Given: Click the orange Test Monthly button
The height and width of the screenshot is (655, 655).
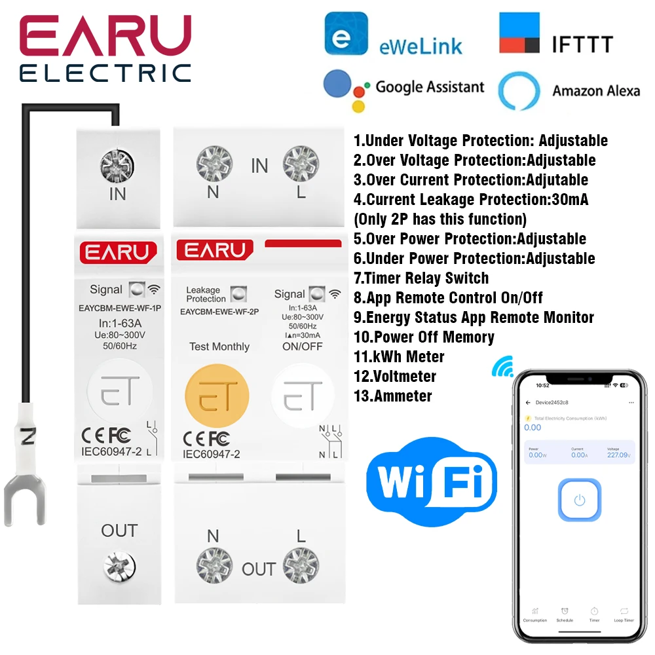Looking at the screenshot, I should (x=217, y=396).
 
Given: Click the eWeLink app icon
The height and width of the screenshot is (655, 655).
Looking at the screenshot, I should (x=346, y=33).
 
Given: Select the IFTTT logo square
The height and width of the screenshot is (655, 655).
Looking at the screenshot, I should (x=519, y=33).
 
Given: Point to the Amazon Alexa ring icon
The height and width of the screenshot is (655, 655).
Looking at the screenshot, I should (x=519, y=91).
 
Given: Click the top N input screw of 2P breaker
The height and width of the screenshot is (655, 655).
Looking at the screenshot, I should (x=212, y=160).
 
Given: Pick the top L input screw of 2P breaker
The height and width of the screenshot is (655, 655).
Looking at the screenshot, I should (x=301, y=160).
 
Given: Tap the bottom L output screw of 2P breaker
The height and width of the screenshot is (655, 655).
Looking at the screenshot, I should (x=301, y=566).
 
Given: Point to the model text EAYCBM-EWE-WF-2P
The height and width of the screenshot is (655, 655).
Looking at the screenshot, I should (x=219, y=312).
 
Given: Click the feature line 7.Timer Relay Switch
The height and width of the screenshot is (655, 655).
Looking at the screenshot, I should (x=421, y=278).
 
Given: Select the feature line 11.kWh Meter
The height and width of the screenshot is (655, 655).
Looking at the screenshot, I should (x=399, y=357).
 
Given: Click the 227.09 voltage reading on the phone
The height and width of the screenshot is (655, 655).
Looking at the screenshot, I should (x=616, y=455).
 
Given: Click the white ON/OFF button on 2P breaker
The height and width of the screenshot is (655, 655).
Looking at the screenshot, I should (x=302, y=396).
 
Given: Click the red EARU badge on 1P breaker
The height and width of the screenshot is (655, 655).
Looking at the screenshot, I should (x=119, y=252).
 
